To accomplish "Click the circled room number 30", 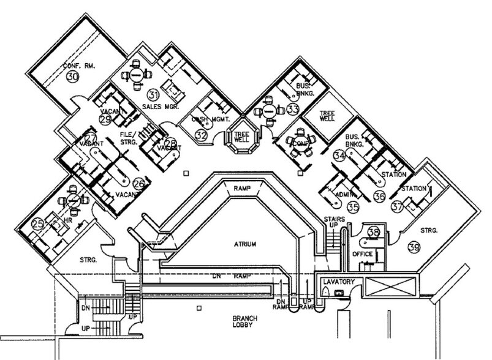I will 72,77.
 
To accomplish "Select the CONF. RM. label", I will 77,65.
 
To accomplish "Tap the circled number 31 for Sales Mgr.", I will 153,94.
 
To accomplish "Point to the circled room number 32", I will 202,134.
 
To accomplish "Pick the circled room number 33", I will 293,110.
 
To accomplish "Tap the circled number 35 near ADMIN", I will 352,209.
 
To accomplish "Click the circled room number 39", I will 415,247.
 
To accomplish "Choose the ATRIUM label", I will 245,244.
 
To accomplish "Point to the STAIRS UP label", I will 331,222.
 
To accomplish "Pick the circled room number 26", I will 138,183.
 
